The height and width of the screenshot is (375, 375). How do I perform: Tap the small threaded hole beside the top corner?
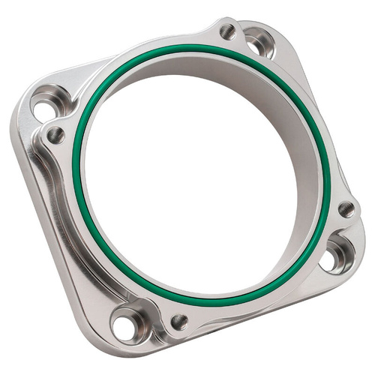(227, 31)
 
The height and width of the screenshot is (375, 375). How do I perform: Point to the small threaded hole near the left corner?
(55, 135)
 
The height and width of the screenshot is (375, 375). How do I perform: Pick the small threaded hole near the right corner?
(346, 209)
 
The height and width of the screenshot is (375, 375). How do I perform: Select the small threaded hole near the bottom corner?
(179, 322)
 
